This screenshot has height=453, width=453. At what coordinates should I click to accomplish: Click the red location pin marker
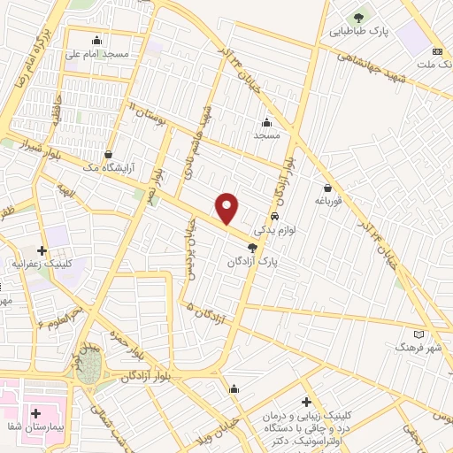pyautogui.click(x=227, y=208)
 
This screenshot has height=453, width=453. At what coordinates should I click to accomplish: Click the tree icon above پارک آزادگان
pyautogui.click(x=253, y=248)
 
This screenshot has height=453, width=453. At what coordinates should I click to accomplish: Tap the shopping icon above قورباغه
pyautogui.click(x=328, y=188)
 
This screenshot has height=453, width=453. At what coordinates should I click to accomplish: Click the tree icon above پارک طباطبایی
pyautogui.click(x=359, y=17)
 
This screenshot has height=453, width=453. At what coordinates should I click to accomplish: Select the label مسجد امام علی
pyautogui.click(x=97, y=53)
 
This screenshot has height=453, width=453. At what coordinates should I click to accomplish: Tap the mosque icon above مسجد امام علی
pyautogui.click(x=96, y=40)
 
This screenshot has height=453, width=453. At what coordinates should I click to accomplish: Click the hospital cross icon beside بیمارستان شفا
pyautogui.click(x=36, y=413)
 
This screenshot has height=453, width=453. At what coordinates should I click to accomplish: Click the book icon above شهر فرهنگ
pyautogui.click(x=418, y=334)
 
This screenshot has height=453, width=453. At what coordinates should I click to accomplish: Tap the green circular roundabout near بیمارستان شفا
pyautogui.click(x=88, y=372)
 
